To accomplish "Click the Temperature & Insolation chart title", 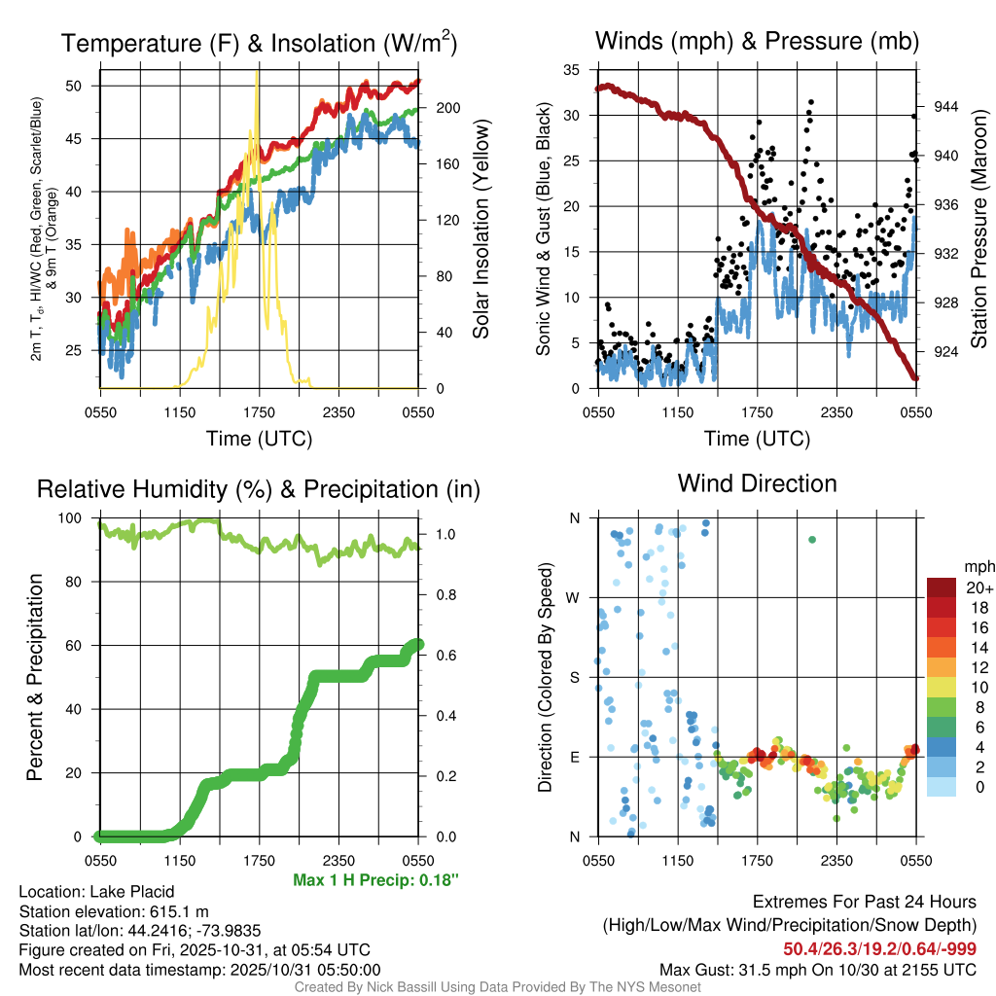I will (259, 43).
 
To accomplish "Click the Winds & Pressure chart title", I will (757, 41).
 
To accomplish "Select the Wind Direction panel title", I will (757, 482).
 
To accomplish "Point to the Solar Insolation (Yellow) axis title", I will (480, 229).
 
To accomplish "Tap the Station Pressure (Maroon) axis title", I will (979, 229).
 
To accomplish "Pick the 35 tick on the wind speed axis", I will (573, 70).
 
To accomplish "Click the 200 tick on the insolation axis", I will (447, 108).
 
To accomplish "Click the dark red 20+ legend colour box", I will (942, 587).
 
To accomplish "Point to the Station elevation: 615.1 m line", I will (114, 911).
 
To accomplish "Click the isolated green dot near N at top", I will (812, 540).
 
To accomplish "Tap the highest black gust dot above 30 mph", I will (810, 102).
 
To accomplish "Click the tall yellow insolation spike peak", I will (257, 74).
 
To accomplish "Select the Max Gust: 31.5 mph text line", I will (817, 969).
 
